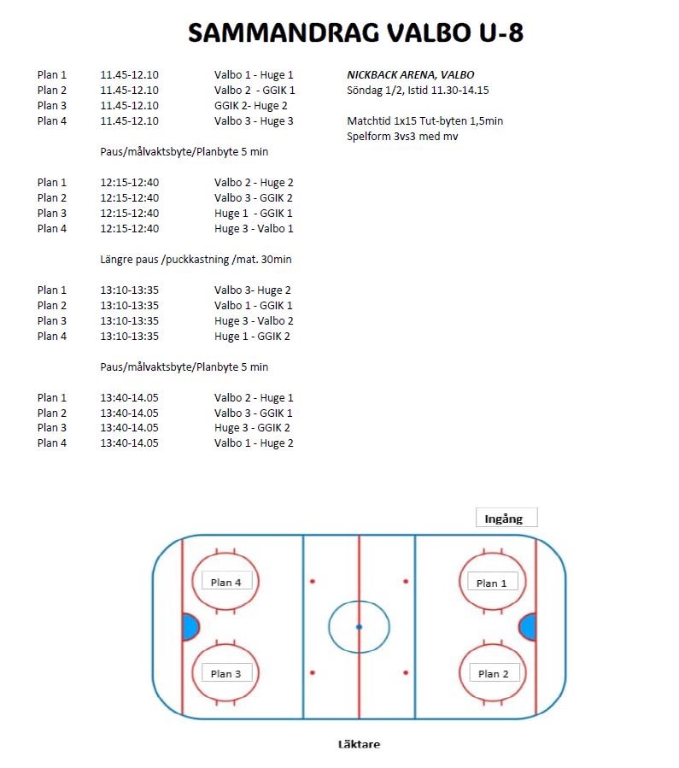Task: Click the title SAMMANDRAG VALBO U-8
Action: [x=355, y=33]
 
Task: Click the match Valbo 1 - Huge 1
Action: [x=254, y=75]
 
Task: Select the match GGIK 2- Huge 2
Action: [x=250, y=106]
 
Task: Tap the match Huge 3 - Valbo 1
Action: [x=254, y=229]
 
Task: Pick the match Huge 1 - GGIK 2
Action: [x=252, y=337]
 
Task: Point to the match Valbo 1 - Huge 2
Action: [x=254, y=443]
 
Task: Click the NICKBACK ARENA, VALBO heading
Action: [x=410, y=75]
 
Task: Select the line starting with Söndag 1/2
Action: [x=417, y=91]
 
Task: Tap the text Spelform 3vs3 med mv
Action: [x=401, y=137]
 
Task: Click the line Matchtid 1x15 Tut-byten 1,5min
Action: [x=424, y=121]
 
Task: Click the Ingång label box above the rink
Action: [x=506, y=518]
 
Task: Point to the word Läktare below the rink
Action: [x=359, y=744]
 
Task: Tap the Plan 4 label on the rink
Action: [x=226, y=583]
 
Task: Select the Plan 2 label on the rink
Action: [x=493, y=674]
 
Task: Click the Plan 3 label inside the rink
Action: [x=226, y=674]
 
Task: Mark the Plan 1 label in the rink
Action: [x=492, y=583]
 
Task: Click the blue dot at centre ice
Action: [x=359, y=627]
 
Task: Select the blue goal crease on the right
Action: [x=529, y=627]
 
